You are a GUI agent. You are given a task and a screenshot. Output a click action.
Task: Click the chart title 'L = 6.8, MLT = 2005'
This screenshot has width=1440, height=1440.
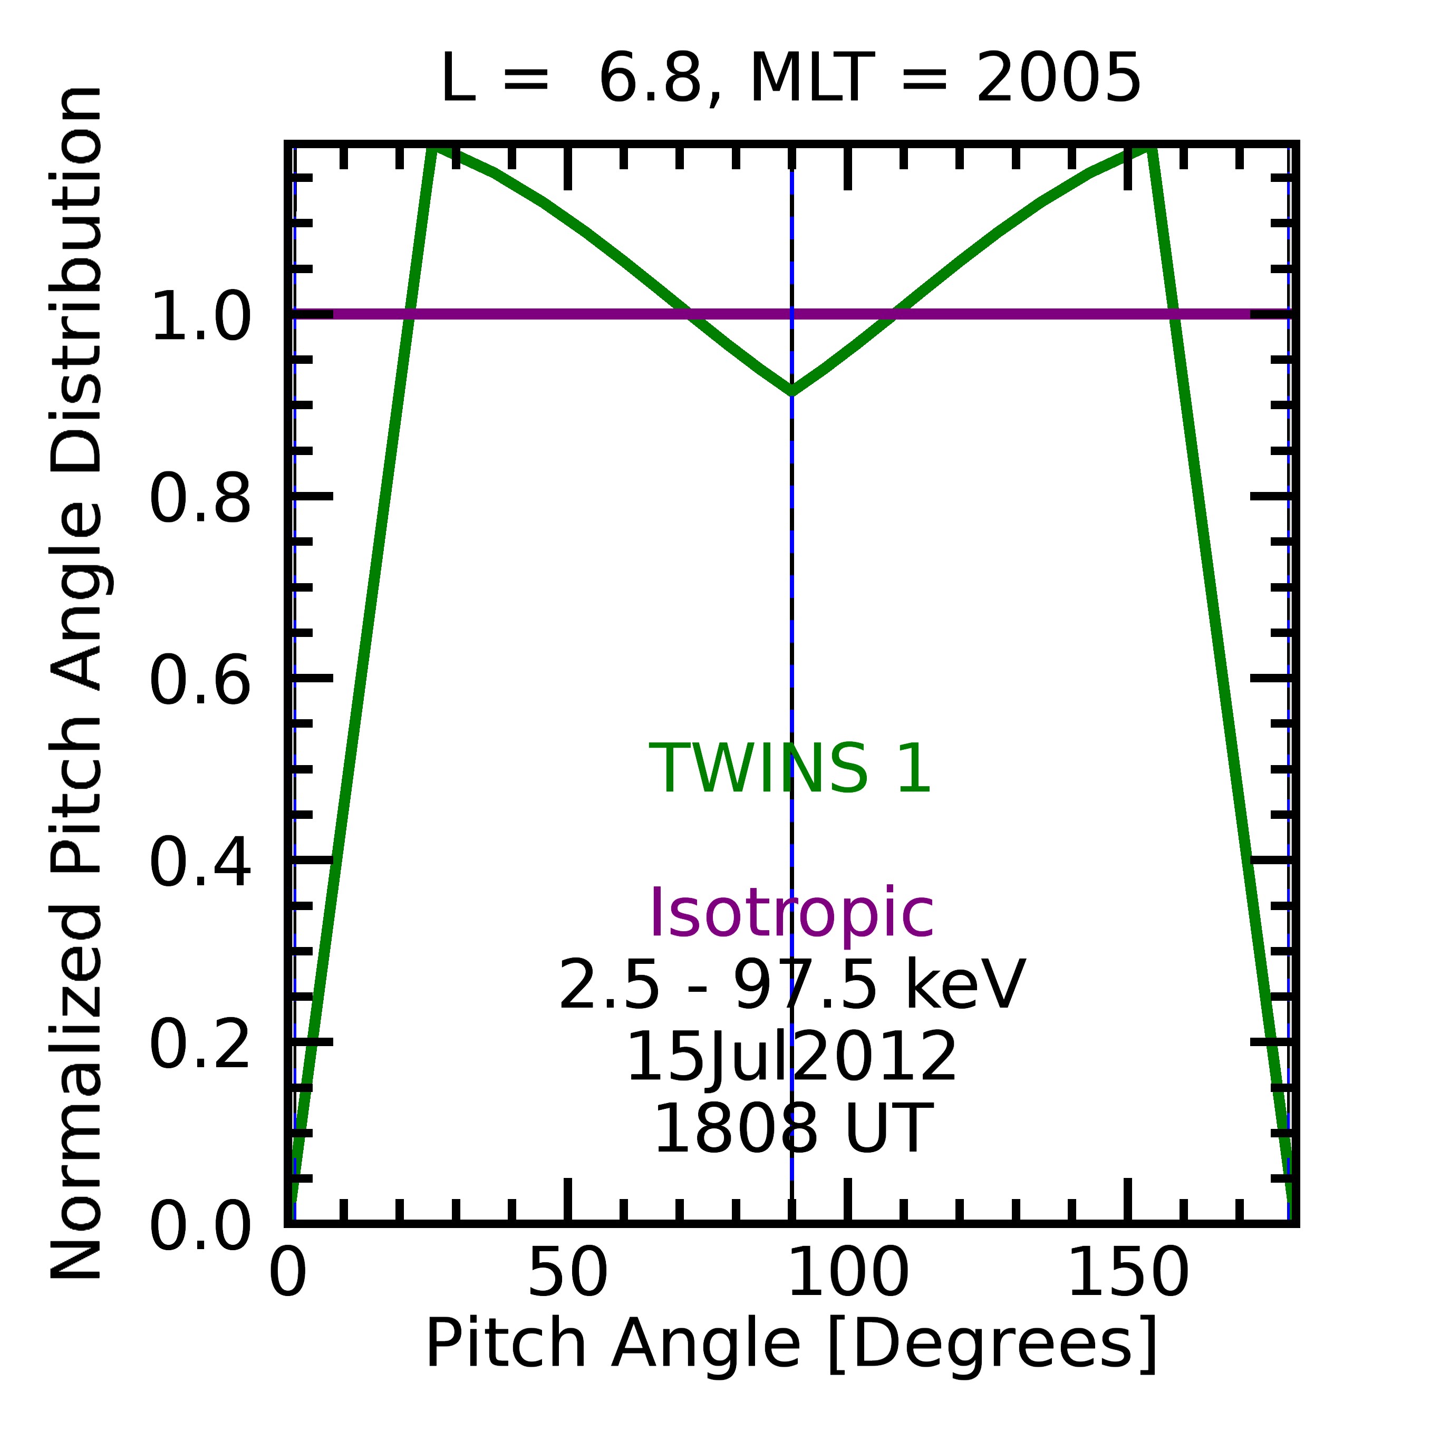791,79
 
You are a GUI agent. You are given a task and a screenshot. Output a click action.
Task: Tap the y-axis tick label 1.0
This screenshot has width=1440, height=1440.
200,317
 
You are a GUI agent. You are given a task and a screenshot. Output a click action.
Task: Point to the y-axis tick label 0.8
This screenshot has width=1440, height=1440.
200,499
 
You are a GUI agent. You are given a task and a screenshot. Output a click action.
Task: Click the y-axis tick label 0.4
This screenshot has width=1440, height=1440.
200,863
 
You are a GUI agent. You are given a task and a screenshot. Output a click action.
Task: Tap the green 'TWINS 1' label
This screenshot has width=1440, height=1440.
791,769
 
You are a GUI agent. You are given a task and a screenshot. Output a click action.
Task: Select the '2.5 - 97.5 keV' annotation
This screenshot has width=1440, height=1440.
791,985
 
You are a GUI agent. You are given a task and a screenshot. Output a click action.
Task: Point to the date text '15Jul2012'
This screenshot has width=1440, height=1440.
791,1057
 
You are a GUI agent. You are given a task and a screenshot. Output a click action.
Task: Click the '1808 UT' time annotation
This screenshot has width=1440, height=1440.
791,1128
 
